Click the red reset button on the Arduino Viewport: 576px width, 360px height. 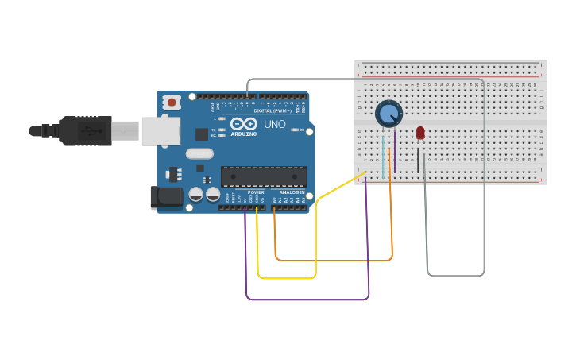click(x=172, y=103)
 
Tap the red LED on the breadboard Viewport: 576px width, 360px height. click(x=420, y=134)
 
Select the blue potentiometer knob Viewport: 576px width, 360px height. click(x=389, y=114)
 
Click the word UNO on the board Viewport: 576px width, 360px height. click(x=275, y=124)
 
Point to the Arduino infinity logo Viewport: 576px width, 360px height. click(x=244, y=124)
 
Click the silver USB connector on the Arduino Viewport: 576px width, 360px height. click(x=160, y=131)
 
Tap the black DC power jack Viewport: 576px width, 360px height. click(x=166, y=198)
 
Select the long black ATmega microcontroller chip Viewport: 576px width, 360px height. click(x=263, y=176)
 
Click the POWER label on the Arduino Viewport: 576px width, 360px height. click(x=256, y=192)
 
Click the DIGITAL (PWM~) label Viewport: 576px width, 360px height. click(x=273, y=110)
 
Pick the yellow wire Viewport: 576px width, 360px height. click(x=316, y=238)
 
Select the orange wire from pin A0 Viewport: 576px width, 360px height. click(x=334, y=259)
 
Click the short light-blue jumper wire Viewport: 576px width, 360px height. click(x=383, y=157)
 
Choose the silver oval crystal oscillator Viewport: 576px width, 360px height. click(x=199, y=153)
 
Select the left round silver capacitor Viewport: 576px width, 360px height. click(x=195, y=194)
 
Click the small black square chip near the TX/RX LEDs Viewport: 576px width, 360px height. click(x=202, y=134)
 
